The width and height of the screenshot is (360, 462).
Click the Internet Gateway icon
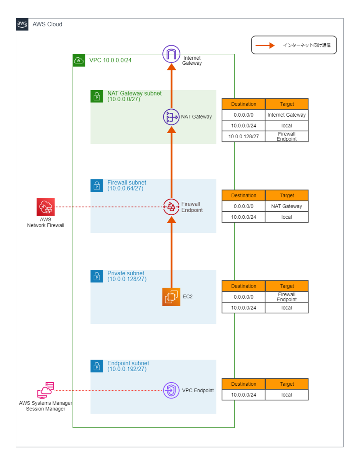(172, 54)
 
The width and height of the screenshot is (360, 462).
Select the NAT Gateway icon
(172, 117)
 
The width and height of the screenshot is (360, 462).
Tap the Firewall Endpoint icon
(172, 207)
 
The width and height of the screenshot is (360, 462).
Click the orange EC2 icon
(172, 297)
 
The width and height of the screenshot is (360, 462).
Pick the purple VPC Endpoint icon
(172, 390)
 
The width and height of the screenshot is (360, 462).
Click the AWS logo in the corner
(22, 24)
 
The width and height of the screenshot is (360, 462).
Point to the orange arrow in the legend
(265, 45)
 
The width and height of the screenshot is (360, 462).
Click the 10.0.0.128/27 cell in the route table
(243, 136)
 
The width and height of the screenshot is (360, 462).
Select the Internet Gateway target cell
(287, 115)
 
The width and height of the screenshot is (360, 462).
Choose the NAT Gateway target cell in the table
(287, 206)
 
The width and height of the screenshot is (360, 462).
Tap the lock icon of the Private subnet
(97, 276)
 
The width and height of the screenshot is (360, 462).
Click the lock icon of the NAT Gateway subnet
(97, 96)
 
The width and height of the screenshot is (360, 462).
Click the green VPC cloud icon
(79, 60)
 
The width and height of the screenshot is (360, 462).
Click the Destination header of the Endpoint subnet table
(243, 384)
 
